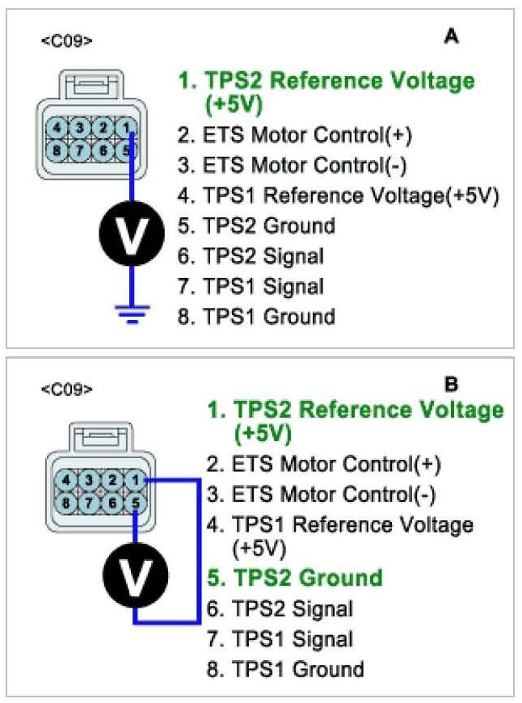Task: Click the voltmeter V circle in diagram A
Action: [x=133, y=234]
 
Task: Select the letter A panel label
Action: [x=452, y=36]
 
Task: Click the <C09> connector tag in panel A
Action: [x=66, y=39]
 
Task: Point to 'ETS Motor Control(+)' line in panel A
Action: [x=295, y=136]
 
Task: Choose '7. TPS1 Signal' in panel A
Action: [x=250, y=286]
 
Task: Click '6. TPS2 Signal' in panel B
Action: [x=280, y=609]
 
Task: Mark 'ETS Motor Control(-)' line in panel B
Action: [x=322, y=494]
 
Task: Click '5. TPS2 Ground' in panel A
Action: [x=256, y=225]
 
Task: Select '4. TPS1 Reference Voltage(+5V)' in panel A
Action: [x=339, y=196]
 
